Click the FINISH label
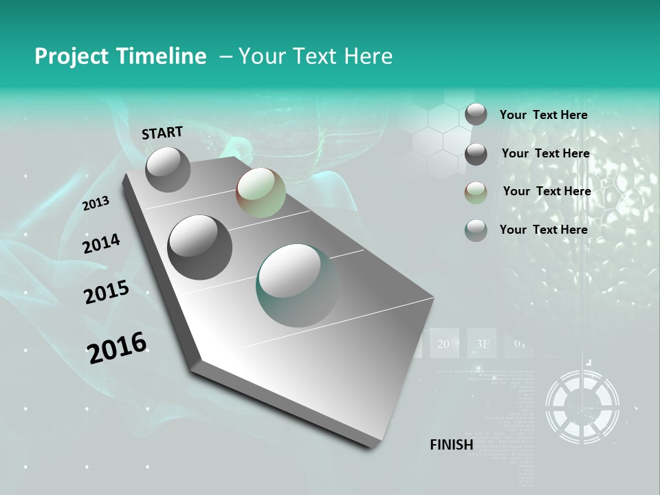pos(451,445)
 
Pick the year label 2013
pos(96,203)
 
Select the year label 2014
pos(101,244)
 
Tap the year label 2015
pos(106,293)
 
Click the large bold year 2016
pos(117,347)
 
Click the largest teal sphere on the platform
pos(298,285)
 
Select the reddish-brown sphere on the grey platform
pos(261,192)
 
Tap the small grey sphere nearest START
pos(168,169)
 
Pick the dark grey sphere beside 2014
pos(199,247)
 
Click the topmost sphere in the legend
pos(476,115)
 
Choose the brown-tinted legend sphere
pos(476,192)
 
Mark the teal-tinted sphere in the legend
pos(476,230)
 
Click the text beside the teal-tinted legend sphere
pos(543,230)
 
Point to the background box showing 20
pos(443,344)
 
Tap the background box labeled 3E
pos(482,344)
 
